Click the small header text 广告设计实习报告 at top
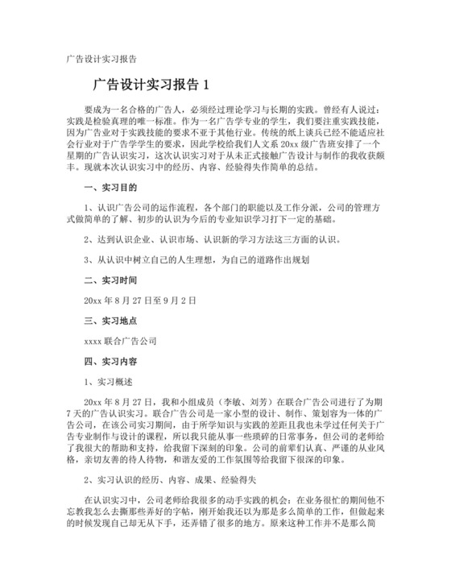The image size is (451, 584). click(101, 59)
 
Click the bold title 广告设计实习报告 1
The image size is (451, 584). click(151, 83)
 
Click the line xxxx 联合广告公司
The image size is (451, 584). click(120, 341)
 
